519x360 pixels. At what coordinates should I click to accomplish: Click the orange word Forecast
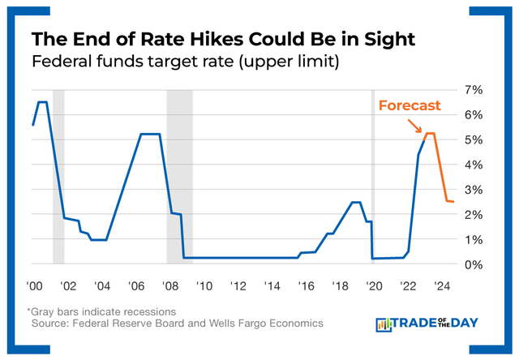410,105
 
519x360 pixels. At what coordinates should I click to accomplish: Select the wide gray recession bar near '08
179,174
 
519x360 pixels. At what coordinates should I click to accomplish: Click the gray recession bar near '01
58,174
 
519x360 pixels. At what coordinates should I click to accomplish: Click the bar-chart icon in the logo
384,324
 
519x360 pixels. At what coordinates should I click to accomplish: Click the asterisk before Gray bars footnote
28,311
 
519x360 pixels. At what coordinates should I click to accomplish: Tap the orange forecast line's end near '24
453,202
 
